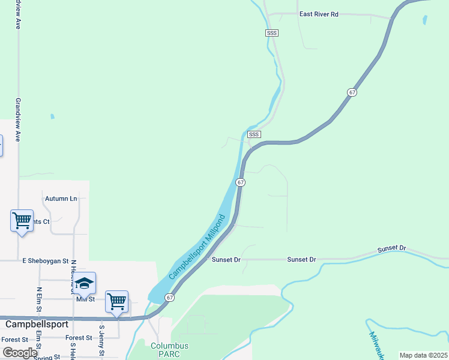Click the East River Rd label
tap(319, 14)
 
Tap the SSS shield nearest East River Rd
tap(271, 33)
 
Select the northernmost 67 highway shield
tap(352, 92)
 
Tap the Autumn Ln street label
tap(61, 198)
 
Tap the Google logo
tap(19, 352)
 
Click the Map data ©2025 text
tap(423, 355)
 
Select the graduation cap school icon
tap(85, 283)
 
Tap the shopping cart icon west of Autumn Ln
tap(22, 220)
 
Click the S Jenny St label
tap(102, 340)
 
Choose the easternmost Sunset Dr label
tap(391, 248)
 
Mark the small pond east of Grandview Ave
tap(52, 116)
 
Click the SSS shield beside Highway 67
tap(254, 134)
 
